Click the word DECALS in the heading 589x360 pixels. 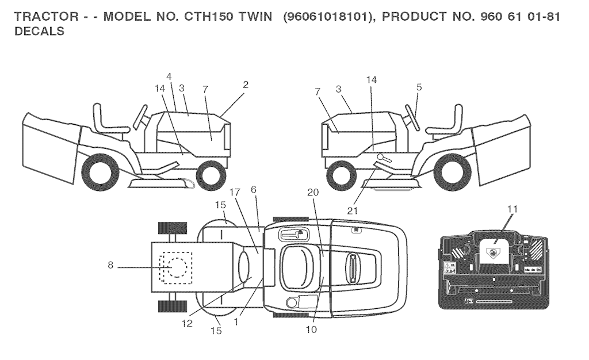coord(39,31)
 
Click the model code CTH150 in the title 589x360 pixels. coord(208,17)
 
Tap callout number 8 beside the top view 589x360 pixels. coord(110,266)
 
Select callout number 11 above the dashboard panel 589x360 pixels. coord(512,209)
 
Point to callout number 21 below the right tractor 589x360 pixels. coord(353,211)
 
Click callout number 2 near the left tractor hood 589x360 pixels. coord(246,85)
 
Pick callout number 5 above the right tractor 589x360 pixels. coord(419,87)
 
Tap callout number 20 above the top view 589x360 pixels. coord(313,192)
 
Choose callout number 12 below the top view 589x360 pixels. coord(187,323)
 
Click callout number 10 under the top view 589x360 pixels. coord(311,330)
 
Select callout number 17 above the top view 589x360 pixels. coord(235,193)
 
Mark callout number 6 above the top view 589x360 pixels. coord(254,190)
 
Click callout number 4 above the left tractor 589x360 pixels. coord(169,76)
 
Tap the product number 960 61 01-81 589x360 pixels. coord(520,17)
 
